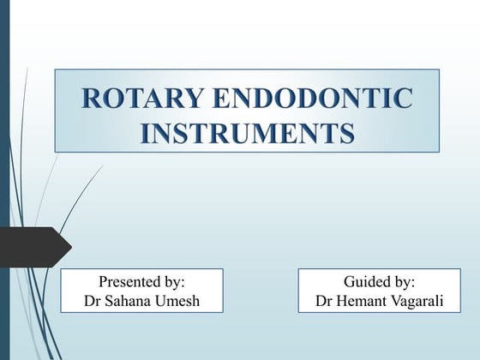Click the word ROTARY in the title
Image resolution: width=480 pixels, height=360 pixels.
pos(132,99)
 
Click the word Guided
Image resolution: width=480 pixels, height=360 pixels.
pos(369,281)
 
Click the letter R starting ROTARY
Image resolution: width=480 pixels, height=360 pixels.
pos(90,99)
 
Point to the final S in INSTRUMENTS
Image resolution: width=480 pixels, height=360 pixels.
pos(345,134)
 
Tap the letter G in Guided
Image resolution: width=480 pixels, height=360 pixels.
pos(349,281)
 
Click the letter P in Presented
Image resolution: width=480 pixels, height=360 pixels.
pos(103,281)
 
